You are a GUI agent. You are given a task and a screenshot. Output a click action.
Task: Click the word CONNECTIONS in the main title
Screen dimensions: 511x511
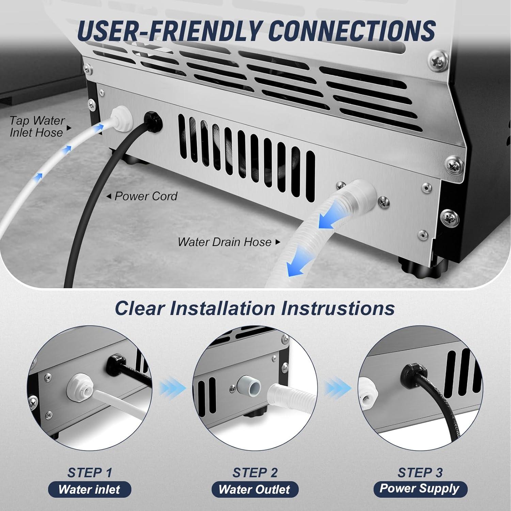coord(352,31)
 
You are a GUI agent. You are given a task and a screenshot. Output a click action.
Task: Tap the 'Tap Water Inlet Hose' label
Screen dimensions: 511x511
coord(37,126)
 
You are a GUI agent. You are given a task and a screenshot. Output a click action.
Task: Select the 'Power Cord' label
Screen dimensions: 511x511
coord(146,196)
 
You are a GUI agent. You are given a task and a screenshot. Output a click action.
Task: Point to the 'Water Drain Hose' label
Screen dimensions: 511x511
coord(225,242)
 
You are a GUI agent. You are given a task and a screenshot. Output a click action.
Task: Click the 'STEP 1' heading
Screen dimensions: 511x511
coord(90,473)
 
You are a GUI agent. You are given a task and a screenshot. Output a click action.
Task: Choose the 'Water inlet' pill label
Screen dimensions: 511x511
coord(89,490)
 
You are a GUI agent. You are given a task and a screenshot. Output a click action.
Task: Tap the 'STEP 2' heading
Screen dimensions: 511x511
coord(255,473)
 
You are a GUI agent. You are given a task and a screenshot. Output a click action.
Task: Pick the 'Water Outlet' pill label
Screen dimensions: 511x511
coord(254,490)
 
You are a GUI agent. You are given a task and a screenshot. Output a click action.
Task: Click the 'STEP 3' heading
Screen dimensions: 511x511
coord(420,473)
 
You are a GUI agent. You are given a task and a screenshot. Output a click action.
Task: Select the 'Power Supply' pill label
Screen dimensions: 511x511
coord(420,489)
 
